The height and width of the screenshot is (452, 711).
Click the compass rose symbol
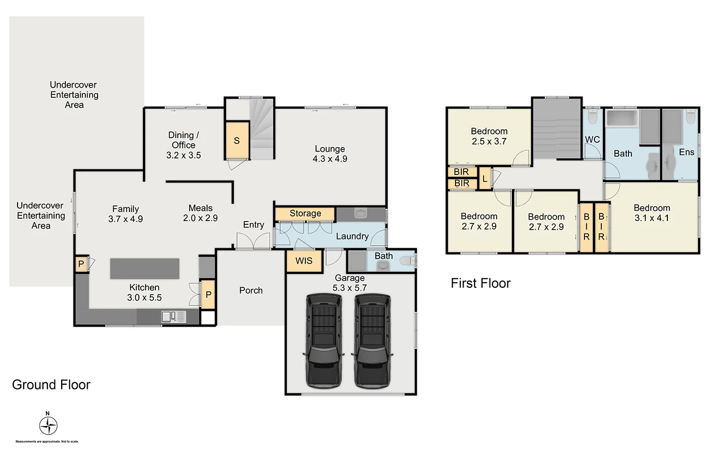click(48, 425)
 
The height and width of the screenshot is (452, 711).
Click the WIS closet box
click(304, 261)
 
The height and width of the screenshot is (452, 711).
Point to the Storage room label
click(305, 213)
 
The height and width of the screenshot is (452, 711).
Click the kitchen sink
click(173, 316)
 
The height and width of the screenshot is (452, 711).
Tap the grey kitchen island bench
click(145, 268)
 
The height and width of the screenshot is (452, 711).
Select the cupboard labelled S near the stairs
click(237, 140)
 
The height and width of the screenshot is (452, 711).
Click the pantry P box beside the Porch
click(208, 295)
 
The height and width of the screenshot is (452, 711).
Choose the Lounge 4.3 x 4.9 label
click(330, 154)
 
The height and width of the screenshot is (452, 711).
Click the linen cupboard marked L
click(485, 179)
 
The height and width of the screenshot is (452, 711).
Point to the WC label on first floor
click(592, 139)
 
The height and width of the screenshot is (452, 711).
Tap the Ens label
click(686, 152)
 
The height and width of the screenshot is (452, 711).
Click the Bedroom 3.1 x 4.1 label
click(652, 213)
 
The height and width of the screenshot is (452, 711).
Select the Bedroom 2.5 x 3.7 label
click(489, 136)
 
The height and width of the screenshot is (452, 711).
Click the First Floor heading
click(480, 283)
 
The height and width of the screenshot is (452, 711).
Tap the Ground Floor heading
click(51, 385)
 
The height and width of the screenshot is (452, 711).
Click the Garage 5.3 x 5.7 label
click(350, 283)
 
